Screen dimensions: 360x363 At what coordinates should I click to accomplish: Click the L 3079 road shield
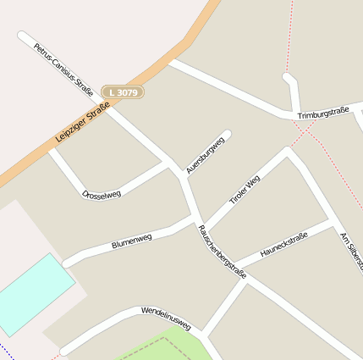[x=123, y=91]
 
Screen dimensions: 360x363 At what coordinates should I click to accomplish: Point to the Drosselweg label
[x=102, y=194]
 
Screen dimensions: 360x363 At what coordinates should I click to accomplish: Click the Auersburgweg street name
[x=205, y=154]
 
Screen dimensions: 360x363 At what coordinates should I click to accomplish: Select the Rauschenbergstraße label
[x=222, y=252]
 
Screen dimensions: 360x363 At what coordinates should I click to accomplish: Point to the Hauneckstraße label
[x=283, y=245]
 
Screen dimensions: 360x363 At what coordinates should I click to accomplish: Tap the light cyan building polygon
[x=31, y=292]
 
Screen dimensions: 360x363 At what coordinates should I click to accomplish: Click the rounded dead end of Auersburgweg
[x=226, y=134]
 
